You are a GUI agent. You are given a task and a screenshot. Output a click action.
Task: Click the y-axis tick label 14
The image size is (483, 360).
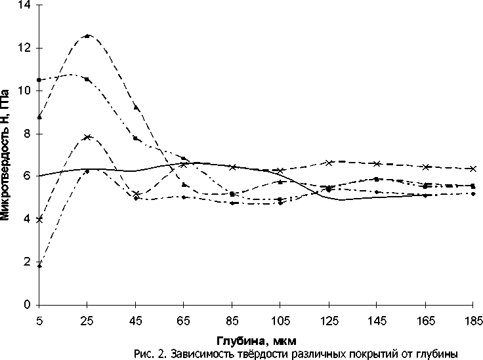point(28,5)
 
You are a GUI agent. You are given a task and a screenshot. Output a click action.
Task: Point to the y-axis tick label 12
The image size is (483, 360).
point(28,48)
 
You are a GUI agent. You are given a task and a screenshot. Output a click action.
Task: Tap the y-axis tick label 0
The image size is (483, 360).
point(30,305)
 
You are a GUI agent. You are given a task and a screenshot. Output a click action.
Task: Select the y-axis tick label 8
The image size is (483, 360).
point(30,134)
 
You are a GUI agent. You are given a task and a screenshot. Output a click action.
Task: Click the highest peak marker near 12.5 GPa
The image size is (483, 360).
point(88,35)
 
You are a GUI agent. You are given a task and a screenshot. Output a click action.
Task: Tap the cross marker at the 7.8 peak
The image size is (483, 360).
point(88,137)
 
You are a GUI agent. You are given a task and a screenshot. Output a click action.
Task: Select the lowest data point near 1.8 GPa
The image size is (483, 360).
point(39,266)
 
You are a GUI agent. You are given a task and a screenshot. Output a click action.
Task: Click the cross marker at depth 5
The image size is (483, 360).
point(39,220)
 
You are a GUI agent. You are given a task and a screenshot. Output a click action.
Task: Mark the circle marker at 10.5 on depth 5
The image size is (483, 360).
point(39,80)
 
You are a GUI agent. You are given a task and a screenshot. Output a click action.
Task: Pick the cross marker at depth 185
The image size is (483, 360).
point(472,169)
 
